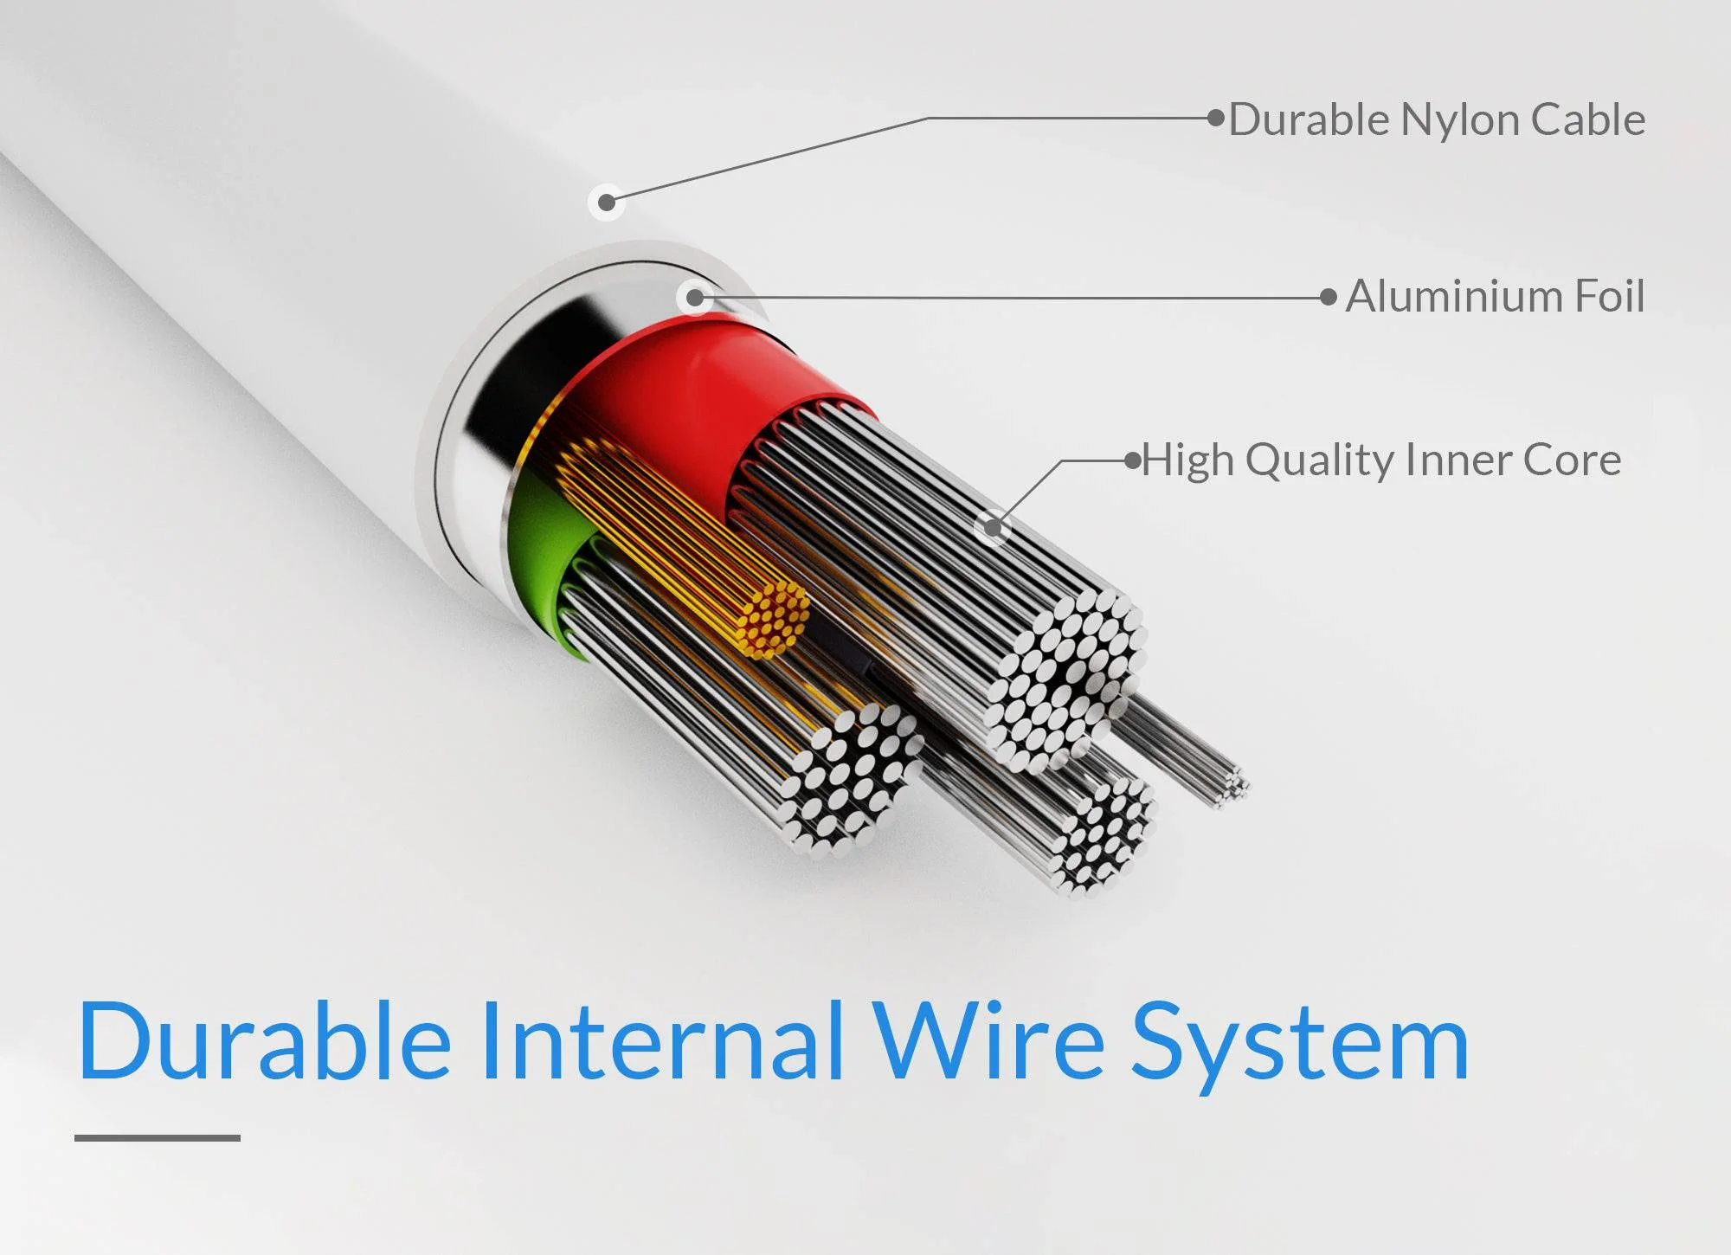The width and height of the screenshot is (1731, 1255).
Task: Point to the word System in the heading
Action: click(x=1301, y=1047)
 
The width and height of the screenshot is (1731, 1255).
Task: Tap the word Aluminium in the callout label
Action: click(x=1451, y=296)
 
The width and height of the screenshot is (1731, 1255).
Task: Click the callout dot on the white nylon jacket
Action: click(x=607, y=203)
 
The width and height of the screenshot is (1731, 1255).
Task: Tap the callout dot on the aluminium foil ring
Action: click(x=694, y=299)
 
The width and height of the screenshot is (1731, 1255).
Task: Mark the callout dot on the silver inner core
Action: click(x=993, y=527)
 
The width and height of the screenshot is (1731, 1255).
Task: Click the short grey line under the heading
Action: click(x=157, y=1137)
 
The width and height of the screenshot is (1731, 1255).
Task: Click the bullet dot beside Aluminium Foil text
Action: click(x=1329, y=297)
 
